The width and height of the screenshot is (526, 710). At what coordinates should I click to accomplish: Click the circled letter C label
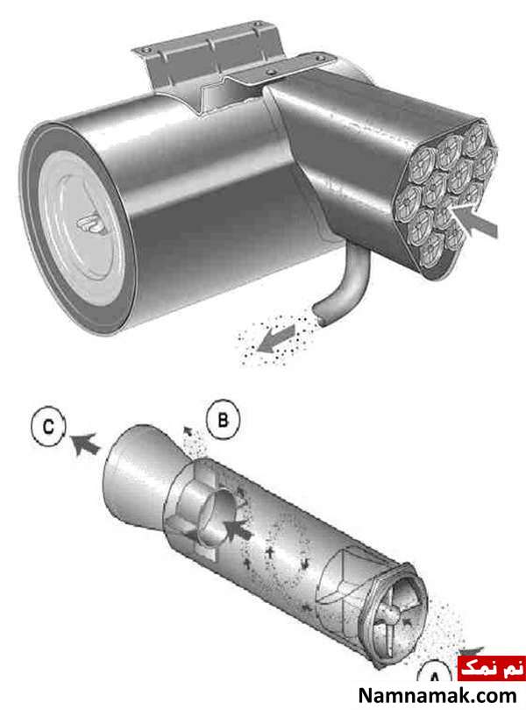pos(48,428)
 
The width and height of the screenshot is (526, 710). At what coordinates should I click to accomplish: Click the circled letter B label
pos(223,421)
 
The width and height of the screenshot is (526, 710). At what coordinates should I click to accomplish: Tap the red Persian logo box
pos(492,668)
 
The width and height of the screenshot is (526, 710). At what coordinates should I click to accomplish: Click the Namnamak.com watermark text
pos(437,695)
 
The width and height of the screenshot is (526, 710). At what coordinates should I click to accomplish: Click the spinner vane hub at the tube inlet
pos(388,617)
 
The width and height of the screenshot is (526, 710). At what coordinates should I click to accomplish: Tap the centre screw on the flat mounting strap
pos(271,72)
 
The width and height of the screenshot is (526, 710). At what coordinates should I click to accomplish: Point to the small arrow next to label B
pos(186,430)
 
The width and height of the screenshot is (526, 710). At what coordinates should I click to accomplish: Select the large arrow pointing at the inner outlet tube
pos(238,529)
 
